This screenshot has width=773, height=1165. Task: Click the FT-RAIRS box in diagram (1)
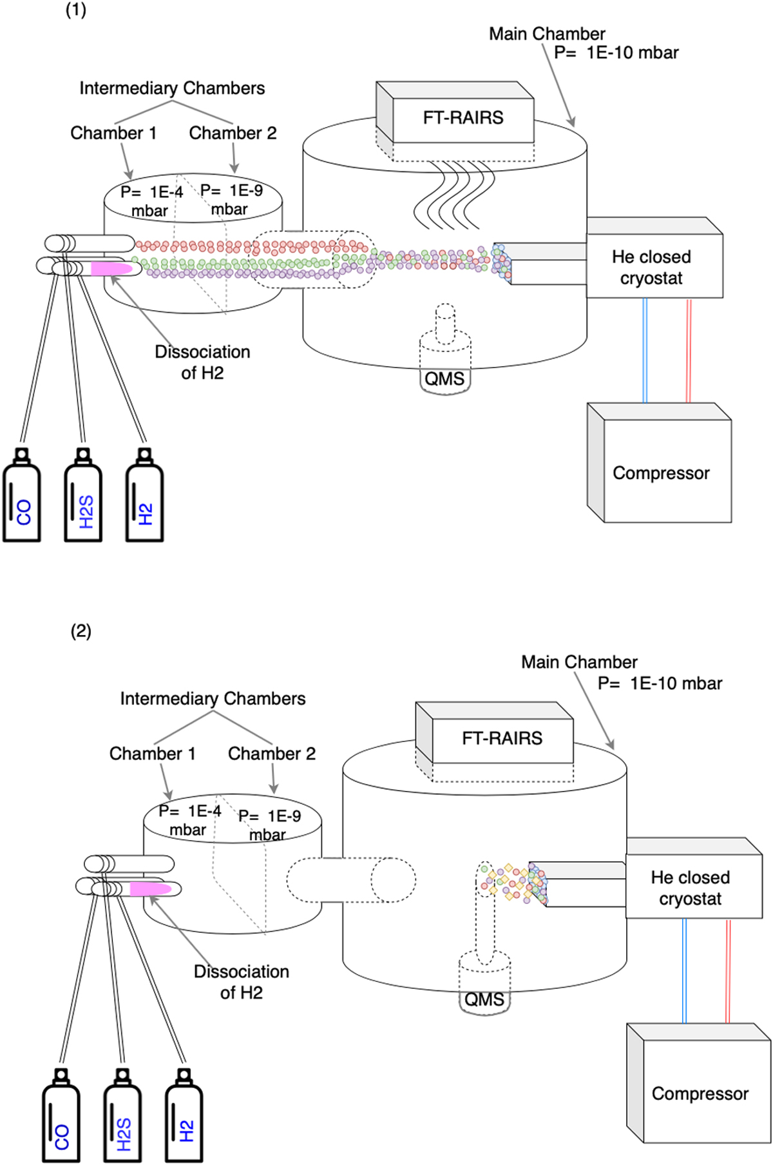[x=463, y=118]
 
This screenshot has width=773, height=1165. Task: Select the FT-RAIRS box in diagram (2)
[x=502, y=738]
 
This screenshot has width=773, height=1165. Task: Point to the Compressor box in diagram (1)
[x=661, y=473]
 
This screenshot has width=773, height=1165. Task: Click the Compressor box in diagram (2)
[x=700, y=1093]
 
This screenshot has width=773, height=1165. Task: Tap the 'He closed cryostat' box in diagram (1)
[x=652, y=267]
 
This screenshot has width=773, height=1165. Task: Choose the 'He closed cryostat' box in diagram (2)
[x=691, y=887]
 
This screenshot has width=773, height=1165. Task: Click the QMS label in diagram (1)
[x=444, y=378]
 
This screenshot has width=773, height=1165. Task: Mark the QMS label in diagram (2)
[x=484, y=999]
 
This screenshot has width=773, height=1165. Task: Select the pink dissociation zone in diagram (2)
[x=150, y=889]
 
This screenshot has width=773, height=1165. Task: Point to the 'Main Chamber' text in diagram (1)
[x=547, y=34]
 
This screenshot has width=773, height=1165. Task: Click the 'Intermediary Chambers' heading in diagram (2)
[x=213, y=698]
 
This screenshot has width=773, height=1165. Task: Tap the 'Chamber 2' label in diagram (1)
[x=233, y=133]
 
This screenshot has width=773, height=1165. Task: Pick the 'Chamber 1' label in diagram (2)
[x=152, y=753]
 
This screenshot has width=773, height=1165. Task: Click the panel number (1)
[x=76, y=10]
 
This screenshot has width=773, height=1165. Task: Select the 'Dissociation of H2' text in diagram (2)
[x=241, y=982]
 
